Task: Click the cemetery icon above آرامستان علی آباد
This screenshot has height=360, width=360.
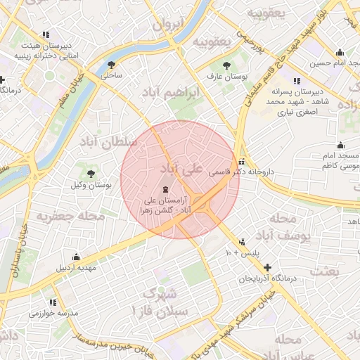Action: pyautogui.click(x=166, y=189)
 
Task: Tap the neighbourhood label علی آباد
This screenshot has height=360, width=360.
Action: pyautogui.click(x=181, y=169)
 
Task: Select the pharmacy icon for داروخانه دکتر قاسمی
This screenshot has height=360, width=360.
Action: pyautogui.click(x=243, y=160)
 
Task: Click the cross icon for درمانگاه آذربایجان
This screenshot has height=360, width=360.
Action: pyautogui.click(x=266, y=267)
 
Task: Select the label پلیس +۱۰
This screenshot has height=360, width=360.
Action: pyautogui.click(x=243, y=251)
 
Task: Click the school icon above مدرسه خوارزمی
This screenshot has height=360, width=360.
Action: pyautogui.click(x=53, y=302)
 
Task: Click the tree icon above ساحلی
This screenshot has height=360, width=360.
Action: pyautogui.click(x=111, y=64)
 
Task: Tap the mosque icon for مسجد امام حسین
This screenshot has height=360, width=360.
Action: pyautogui.click(x=340, y=52)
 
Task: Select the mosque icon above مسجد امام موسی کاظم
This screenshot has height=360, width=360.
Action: pyautogui.click(x=341, y=145)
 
